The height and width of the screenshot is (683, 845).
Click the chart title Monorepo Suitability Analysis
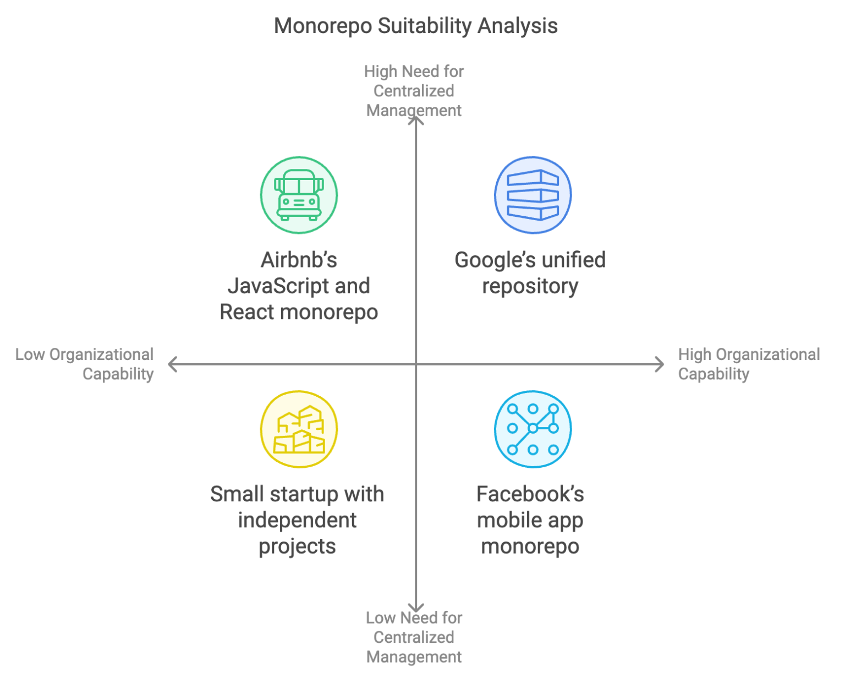[416, 26]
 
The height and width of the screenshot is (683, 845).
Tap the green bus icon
[299, 195]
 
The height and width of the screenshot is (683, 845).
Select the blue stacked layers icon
[533, 195]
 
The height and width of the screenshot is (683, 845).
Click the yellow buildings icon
[299, 429]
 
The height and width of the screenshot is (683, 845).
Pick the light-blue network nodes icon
[533, 429]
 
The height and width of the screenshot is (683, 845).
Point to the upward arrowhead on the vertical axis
[416, 120]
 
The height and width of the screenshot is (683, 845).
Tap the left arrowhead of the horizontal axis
[172, 364]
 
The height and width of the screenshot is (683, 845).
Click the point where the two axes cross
[416, 364]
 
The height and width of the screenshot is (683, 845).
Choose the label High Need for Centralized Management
[414, 91]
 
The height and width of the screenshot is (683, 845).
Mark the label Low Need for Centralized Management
[414, 637]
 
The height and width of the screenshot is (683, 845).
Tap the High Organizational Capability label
[748, 364]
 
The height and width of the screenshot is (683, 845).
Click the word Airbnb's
[299, 260]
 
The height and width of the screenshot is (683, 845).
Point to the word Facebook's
[530, 494]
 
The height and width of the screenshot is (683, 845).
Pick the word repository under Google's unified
[530, 286]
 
